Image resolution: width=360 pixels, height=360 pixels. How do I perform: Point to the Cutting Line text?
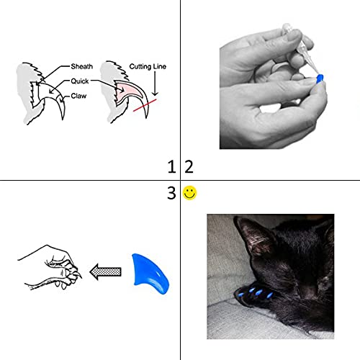pos(148,66)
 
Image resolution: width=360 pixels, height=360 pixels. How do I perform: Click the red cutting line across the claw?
pos(147,104)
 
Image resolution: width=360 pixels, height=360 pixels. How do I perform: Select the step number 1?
pos(171,167)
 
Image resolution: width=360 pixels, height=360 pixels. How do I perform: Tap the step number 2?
pos(189,167)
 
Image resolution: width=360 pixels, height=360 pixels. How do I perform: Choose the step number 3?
pos(171,193)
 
